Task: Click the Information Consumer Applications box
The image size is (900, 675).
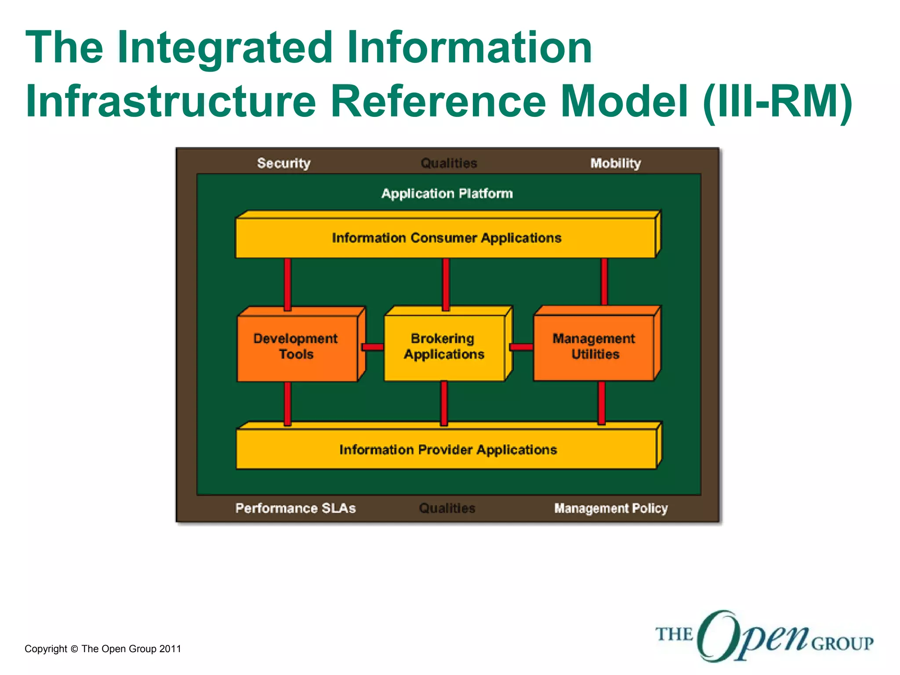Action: [446, 238]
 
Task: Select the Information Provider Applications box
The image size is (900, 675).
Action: [447, 450]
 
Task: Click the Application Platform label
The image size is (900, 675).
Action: [447, 193]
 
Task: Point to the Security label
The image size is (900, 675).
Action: [284, 163]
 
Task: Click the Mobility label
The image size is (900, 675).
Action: [615, 163]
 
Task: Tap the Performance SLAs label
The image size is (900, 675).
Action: [295, 508]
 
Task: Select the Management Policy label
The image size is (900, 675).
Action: [611, 508]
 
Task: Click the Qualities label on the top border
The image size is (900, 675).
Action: [449, 163]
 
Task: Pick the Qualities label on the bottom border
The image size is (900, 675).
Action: [447, 508]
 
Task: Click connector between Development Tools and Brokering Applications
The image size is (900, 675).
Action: [373, 347]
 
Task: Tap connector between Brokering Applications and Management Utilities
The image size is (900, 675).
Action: [521, 347]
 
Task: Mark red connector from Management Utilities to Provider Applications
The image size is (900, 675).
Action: [602, 402]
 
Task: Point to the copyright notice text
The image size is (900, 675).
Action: [103, 649]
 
